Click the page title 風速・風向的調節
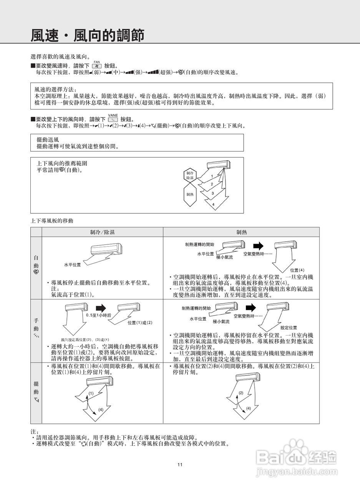coord(88,35)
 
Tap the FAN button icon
coord(97,66)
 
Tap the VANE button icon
coord(113,120)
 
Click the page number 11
coord(180,465)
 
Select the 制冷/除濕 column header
coord(102,232)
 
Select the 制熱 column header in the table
coord(241,232)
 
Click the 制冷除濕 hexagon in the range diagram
coord(190,176)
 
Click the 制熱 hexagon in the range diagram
coord(190,194)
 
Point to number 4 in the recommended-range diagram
coord(213,204)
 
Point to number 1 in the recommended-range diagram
coord(212,176)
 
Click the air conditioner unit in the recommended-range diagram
coord(219,165)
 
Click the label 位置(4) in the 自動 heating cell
coord(297,270)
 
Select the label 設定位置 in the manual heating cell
coord(289,327)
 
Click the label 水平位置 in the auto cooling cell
coord(72,265)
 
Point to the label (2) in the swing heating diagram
coord(241,393)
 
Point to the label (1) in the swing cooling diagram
coord(91,393)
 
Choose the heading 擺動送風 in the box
coord(48,140)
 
